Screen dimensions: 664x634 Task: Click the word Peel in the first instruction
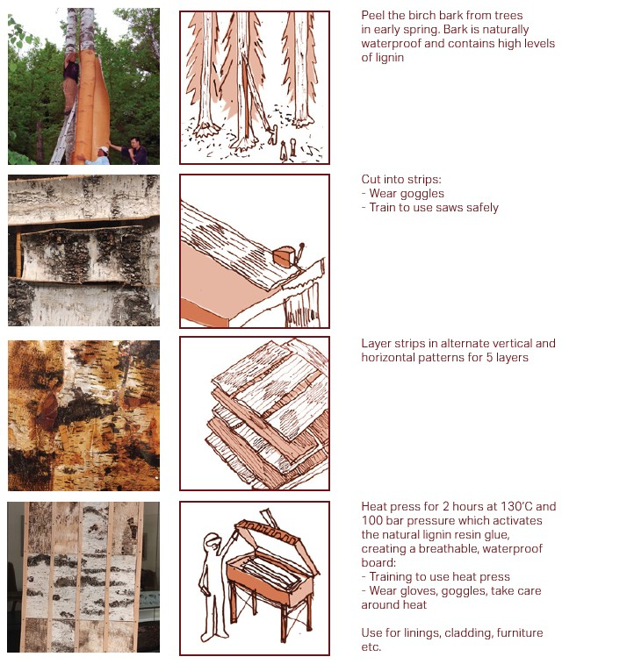(x=373, y=16)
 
